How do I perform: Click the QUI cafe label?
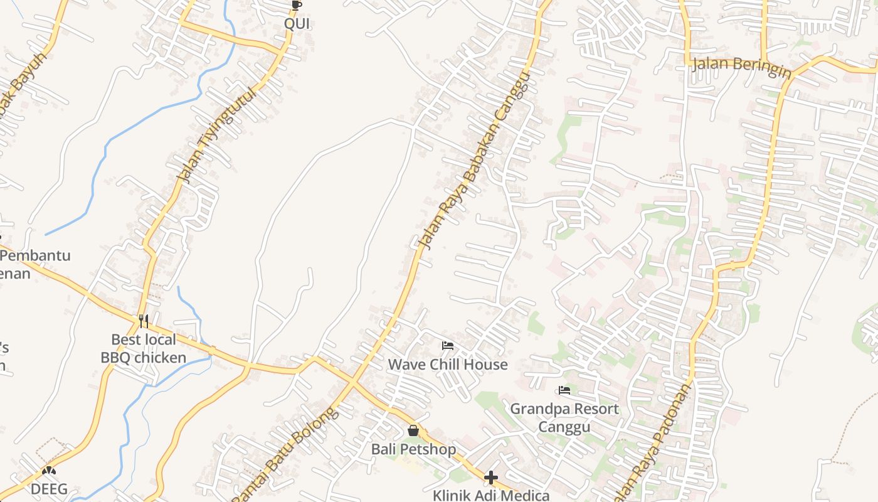(x=297, y=24)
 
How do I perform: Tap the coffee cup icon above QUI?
(x=297, y=6)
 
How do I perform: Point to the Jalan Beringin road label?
(x=741, y=67)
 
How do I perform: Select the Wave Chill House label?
(x=448, y=365)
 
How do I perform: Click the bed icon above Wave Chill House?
(x=448, y=346)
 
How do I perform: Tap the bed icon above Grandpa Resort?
(x=564, y=390)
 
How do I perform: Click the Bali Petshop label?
(x=413, y=449)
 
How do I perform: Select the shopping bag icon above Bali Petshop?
(x=413, y=430)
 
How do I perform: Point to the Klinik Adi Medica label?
(x=491, y=495)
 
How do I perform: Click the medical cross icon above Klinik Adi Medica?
(x=491, y=478)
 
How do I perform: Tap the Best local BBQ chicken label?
(x=144, y=349)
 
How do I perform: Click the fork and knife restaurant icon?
(x=144, y=321)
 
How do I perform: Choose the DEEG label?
(x=49, y=489)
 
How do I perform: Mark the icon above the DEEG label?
(x=49, y=471)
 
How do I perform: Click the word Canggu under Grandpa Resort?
(x=564, y=427)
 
